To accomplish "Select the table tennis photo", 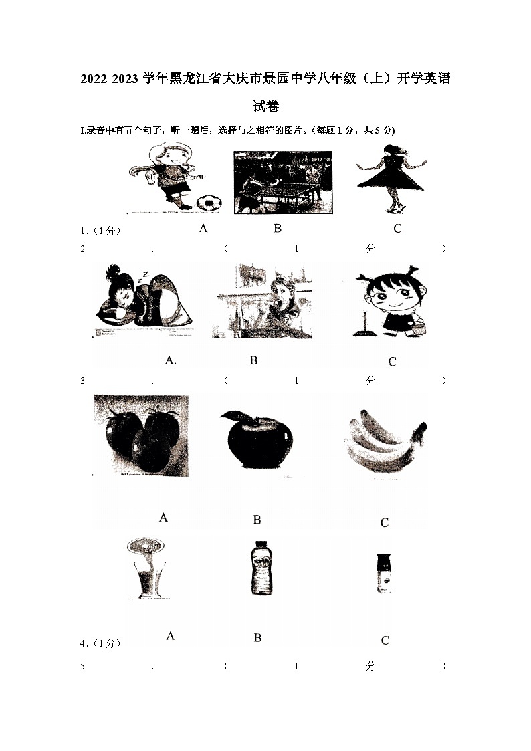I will click(x=283, y=182).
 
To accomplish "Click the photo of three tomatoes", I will click(x=141, y=435).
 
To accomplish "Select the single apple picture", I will click(x=257, y=442).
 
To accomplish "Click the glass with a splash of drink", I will click(x=145, y=568).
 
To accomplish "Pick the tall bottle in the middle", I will click(x=257, y=567).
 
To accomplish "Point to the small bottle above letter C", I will click(x=383, y=573).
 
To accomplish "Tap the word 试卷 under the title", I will click(x=265, y=106).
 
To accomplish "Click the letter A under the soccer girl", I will click(x=203, y=228).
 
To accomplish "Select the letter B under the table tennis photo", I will click(x=278, y=228).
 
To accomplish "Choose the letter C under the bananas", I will click(x=384, y=522).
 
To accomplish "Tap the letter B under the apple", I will click(x=257, y=520).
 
